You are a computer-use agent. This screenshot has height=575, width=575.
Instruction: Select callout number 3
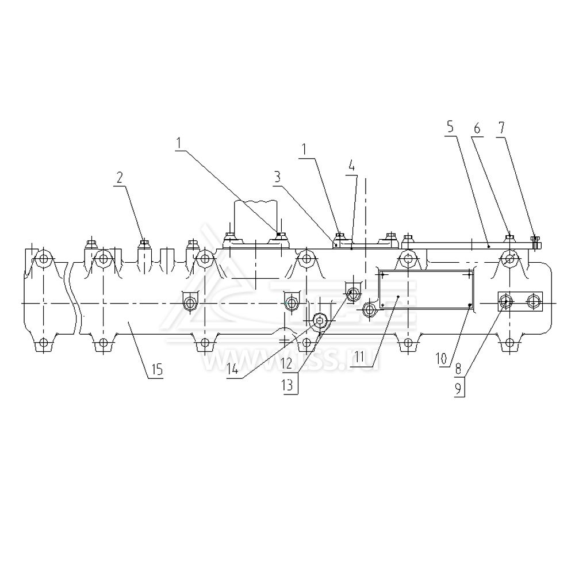(x=277, y=178)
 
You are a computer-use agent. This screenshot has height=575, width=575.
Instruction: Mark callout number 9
(x=458, y=388)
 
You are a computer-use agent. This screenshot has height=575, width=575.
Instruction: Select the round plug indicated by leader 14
(x=352, y=294)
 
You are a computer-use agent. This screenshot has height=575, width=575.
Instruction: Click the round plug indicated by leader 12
(x=319, y=320)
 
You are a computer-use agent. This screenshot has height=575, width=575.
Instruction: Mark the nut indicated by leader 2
(x=144, y=242)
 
